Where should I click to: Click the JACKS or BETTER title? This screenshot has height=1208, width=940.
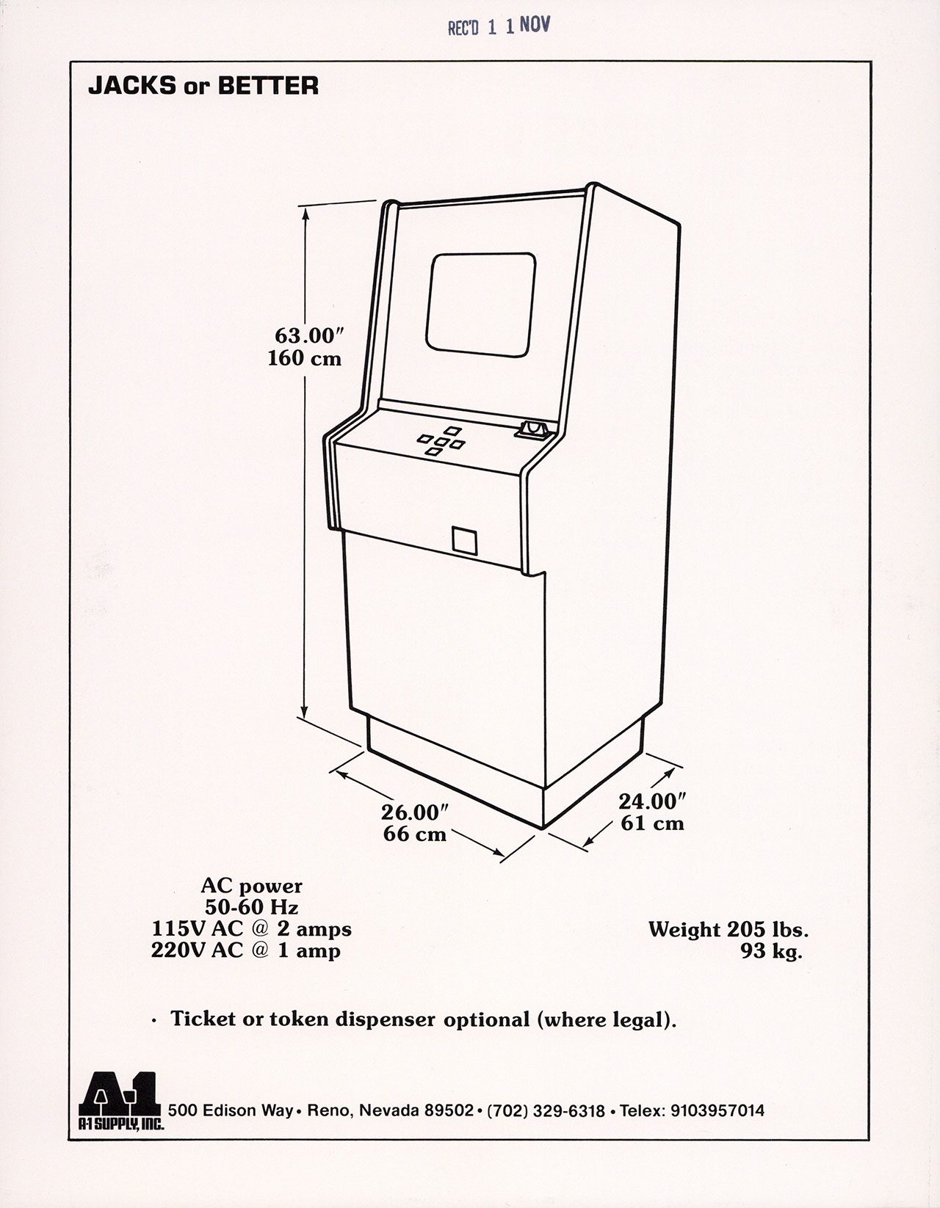coord(203,87)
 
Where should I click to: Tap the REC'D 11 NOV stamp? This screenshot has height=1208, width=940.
coord(499,27)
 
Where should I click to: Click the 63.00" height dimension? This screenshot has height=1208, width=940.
coord(309,336)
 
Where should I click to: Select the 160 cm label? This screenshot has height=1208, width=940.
coord(304,359)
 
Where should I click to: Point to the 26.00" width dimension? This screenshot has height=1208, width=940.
coord(414,812)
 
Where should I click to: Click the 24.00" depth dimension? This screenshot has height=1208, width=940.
coord(651,801)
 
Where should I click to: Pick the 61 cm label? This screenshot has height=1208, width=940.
coord(652,823)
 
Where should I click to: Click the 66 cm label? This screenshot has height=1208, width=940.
coord(415,834)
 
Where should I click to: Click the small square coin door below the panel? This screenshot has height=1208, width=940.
coord(464,540)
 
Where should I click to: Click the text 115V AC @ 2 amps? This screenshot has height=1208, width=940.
coord(251,929)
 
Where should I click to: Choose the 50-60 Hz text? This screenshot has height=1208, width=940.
coord(251,908)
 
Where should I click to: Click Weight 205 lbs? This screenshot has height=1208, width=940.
coord(728,930)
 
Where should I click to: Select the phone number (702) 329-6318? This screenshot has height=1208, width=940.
coord(546,1111)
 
